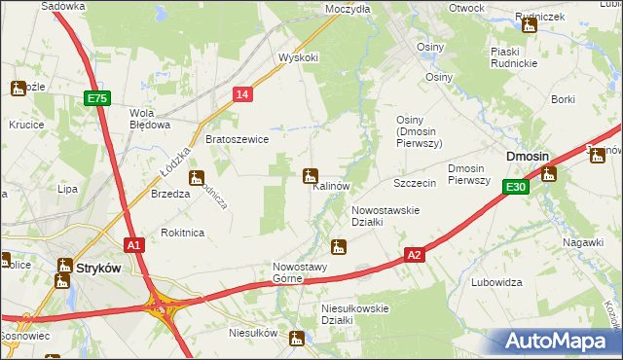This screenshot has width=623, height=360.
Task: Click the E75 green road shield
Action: pyautogui.click(x=96, y=98)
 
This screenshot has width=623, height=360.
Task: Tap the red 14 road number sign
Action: pyautogui.click(x=243, y=93)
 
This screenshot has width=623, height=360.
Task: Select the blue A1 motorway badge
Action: pyautogui.click(x=135, y=246)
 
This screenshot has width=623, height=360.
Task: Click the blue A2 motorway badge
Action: pyautogui.click(x=415, y=254)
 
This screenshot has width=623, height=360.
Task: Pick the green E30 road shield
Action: pyautogui.click(x=516, y=188)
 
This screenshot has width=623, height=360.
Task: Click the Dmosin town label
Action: pyautogui.click(x=527, y=157)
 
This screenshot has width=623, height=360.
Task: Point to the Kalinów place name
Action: pyautogui.click(x=331, y=186)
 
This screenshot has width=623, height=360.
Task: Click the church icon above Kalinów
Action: pyautogui.click(x=311, y=176)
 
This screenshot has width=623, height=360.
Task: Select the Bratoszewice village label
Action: pyautogui.click(x=237, y=139)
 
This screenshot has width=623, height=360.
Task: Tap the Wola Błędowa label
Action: pyautogui.click(x=151, y=118)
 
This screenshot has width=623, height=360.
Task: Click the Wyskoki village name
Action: pyautogui.click(x=299, y=57)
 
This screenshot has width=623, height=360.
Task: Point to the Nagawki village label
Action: pyautogui.click(x=583, y=241)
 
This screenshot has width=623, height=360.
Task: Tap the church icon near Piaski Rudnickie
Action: pyautogui.click(x=530, y=26)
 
